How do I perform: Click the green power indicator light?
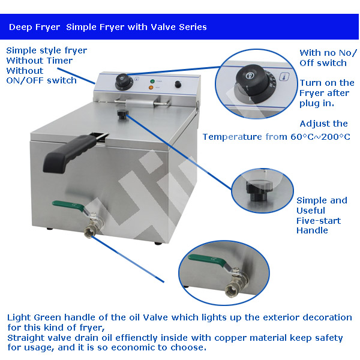tap(152, 81)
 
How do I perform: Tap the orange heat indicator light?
tap(151, 88)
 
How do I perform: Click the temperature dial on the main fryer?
tap(123, 82)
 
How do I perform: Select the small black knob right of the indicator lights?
tap(178, 84)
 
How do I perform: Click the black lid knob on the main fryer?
tap(123, 114)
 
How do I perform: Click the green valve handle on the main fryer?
tap(68, 205)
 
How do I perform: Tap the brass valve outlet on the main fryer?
tap(89, 232)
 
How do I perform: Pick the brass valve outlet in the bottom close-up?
tap(232, 290)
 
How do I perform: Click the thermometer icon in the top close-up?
tap(284, 77)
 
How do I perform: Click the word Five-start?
tap(319, 221)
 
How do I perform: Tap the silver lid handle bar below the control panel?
tap(143, 103)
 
